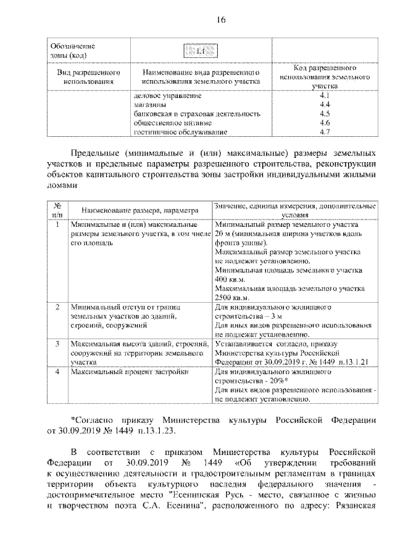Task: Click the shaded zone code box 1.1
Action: click(x=199, y=51)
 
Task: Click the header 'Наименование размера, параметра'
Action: click(x=138, y=210)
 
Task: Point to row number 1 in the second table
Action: click(x=57, y=225)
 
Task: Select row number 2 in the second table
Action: click(x=57, y=306)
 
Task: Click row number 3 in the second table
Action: click(x=57, y=342)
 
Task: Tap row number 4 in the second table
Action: click(x=57, y=373)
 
